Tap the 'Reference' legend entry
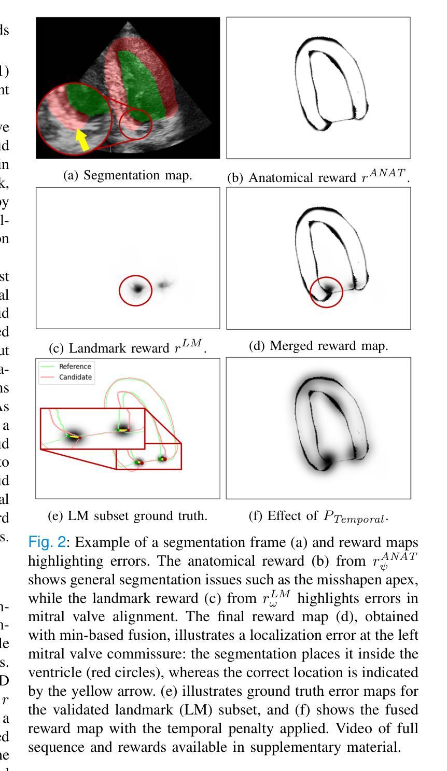(x=75, y=367)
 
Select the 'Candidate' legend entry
(x=75, y=377)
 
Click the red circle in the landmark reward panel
(x=136, y=290)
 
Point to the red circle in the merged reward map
(x=326, y=292)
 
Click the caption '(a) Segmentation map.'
(x=128, y=175)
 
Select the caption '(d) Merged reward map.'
(x=318, y=346)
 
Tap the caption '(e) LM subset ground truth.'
(x=128, y=516)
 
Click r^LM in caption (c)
(x=189, y=346)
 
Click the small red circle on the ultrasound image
(x=136, y=124)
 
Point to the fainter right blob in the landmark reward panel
(x=164, y=284)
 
